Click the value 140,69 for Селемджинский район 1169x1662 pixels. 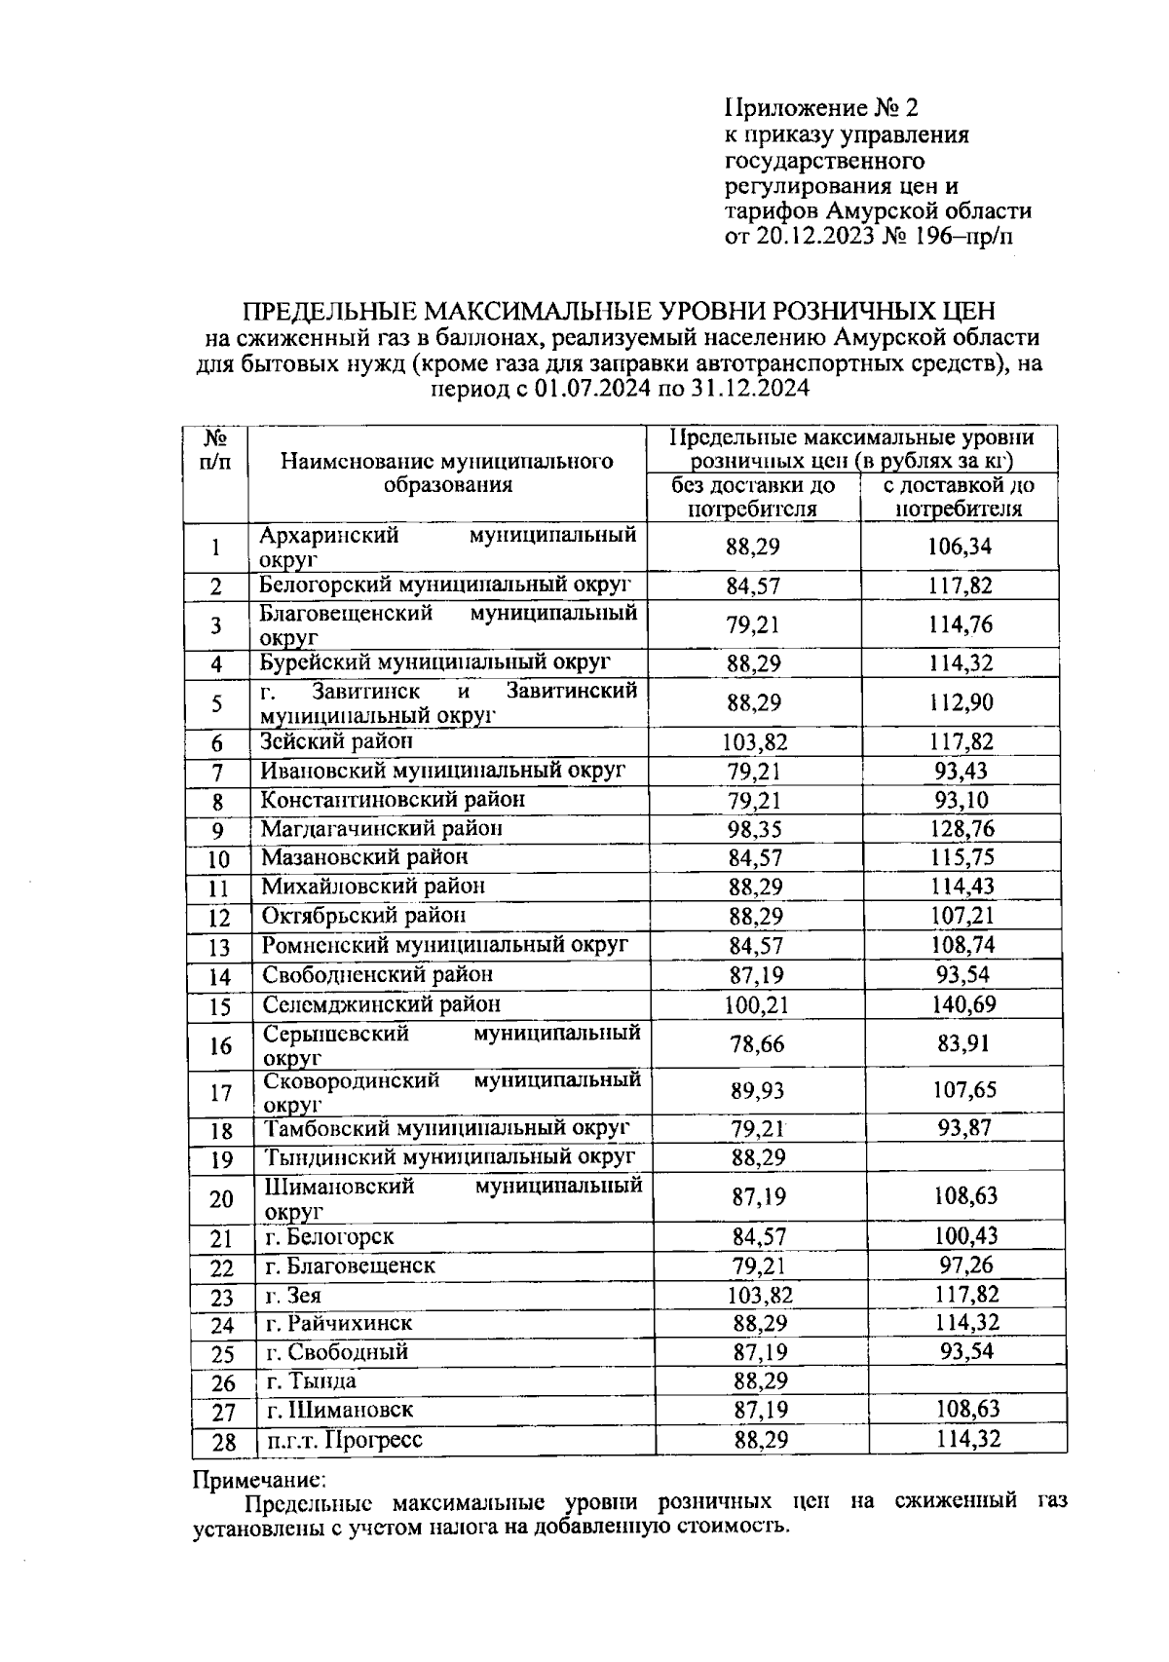coord(961,1004)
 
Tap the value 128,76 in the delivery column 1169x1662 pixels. coord(960,829)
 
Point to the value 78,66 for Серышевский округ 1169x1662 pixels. coord(757,1044)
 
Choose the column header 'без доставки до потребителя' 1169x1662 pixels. coord(752,497)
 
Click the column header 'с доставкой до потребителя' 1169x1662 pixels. coord(959,497)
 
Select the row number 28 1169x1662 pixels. coord(223,1442)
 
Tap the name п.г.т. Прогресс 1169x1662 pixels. coord(344,1440)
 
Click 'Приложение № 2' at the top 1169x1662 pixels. coord(822,106)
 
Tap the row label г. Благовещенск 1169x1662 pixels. coord(350,1265)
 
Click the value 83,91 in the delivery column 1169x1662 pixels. coord(962,1044)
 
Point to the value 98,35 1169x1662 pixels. coord(756,829)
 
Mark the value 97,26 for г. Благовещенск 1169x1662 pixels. coord(962,1265)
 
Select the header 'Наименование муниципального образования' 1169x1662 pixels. coord(447,472)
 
